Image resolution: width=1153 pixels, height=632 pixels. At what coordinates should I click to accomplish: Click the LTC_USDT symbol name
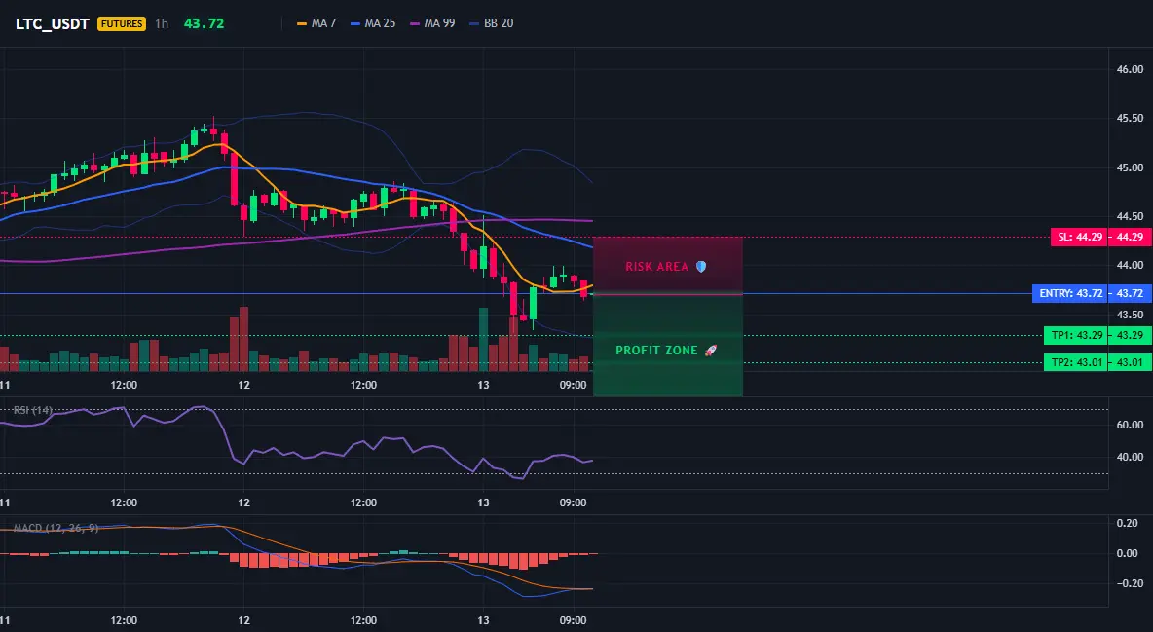click(53, 23)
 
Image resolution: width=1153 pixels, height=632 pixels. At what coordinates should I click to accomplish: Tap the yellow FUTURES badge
click(122, 23)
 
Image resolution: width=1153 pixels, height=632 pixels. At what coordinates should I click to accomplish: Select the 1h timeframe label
click(162, 23)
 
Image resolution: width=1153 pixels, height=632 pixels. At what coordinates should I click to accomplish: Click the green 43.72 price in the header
click(204, 23)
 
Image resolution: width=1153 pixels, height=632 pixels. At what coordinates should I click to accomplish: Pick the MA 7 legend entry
click(316, 23)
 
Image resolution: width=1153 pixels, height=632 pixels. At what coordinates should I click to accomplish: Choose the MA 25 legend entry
click(373, 23)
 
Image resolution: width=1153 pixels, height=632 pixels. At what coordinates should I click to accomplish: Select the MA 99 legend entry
click(432, 23)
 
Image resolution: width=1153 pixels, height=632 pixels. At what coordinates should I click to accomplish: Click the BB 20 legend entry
click(491, 23)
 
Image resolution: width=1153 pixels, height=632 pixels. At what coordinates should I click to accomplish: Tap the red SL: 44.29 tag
click(1079, 237)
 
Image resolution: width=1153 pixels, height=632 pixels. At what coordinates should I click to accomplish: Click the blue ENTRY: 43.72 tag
click(1070, 293)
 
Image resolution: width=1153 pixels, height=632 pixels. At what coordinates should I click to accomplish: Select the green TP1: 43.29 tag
click(1076, 336)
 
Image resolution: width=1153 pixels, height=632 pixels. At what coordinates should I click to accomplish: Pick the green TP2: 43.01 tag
click(1076, 362)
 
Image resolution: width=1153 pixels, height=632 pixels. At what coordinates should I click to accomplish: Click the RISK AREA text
click(657, 267)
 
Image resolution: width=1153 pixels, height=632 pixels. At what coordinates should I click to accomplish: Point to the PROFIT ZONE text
click(656, 351)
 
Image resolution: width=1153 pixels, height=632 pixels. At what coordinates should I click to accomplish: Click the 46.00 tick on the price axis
click(1130, 69)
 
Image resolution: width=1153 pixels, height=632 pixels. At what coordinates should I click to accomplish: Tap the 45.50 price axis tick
click(1130, 118)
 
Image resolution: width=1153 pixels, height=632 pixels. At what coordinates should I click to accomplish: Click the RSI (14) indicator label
click(33, 410)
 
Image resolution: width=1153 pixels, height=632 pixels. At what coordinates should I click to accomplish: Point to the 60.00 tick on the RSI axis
click(1130, 425)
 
